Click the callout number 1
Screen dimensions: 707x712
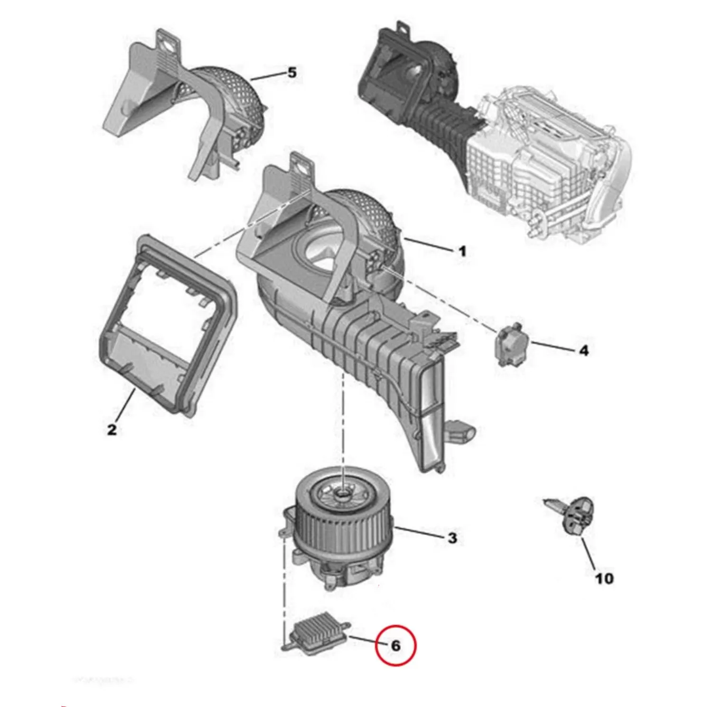[462, 251]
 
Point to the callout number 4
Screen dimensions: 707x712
[583, 350]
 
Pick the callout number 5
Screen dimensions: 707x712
[292, 73]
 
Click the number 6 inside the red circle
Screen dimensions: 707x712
[395, 645]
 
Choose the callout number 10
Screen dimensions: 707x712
[604, 578]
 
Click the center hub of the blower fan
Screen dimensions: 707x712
[343, 494]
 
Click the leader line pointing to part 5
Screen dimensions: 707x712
[268, 76]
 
